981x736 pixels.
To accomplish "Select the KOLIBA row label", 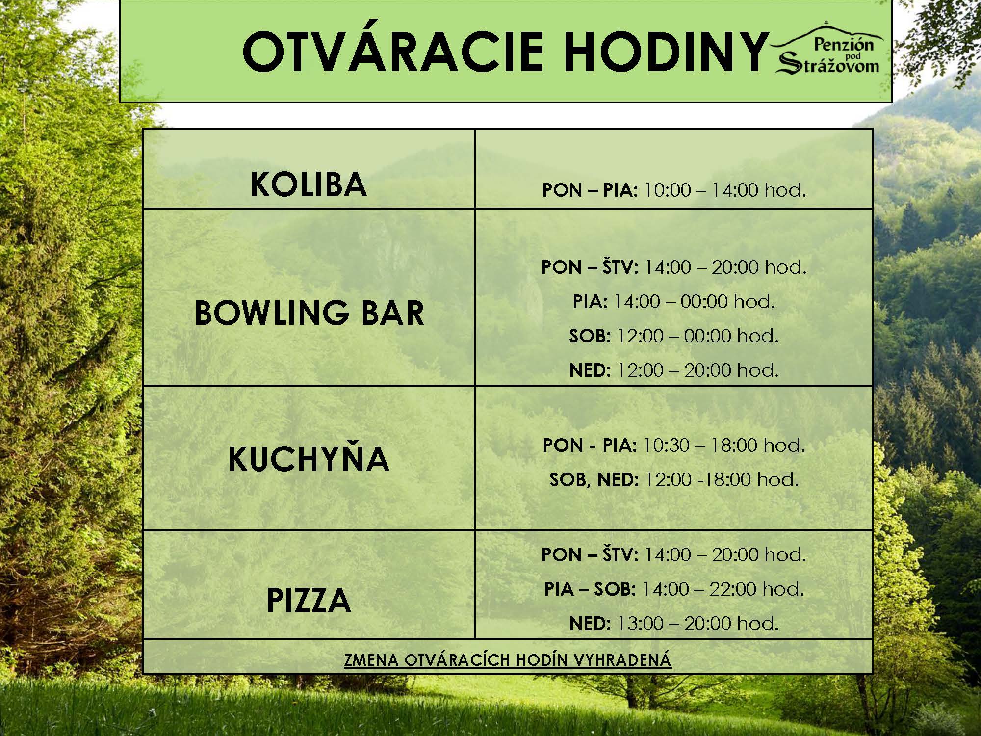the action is coord(309,184).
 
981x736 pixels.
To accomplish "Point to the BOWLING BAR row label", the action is coord(309,313).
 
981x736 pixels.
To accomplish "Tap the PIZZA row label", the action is coord(309,600).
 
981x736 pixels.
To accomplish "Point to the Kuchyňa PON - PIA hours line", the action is coord(674,445).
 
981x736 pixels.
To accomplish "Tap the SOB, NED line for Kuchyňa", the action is coord(674,479).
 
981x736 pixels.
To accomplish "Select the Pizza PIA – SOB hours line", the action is coord(674,588).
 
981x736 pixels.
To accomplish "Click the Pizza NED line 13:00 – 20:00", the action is coord(674,623).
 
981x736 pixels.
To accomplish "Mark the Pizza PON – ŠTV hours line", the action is coord(674,554).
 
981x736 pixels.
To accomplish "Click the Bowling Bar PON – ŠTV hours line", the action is coord(674,267).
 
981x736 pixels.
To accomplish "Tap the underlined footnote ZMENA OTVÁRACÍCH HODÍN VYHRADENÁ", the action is coord(508,660).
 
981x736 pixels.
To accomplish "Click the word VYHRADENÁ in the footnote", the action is coord(622,660).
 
